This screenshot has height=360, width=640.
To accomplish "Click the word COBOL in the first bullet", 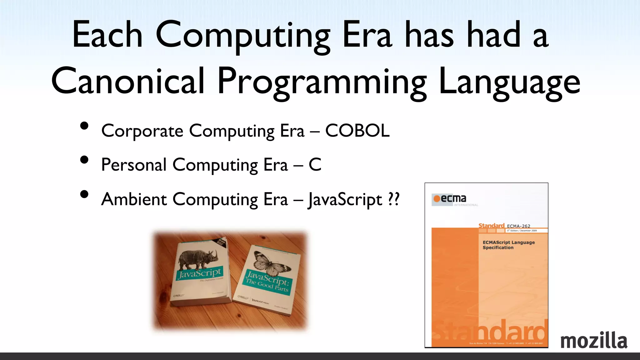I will pyautogui.click(x=357, y=131).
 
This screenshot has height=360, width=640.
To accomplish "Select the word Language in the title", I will pyautogui.click(x=509, y=82).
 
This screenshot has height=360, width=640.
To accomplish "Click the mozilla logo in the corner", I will pyautogui.click(x=594, y=341).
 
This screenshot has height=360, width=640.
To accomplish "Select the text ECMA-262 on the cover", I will pyautogui.click(x=518, y=226).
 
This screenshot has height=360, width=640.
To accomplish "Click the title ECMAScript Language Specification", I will pyautogui.click(x=508, y=245).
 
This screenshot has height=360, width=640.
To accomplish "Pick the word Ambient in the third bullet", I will pyautogui.click(x=134, y=199).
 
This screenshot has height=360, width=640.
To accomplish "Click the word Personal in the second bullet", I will pyautogui.click(x=134, y=165).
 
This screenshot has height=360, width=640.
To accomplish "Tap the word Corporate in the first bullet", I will pyautogui.click(x=142, y=131).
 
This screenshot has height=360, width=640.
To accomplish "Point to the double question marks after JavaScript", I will pyautogui.click(x=394, y=199).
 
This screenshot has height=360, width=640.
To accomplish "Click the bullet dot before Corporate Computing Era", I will pyautogui.click(x=84, y=126).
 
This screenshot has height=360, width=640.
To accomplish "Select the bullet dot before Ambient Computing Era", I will pyautogui.click(x=84, y=194).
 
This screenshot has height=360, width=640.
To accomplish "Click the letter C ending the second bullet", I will pyautogui.click(x=315, y=165).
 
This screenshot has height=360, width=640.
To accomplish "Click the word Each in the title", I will pyautogui.click(x=107, y=35).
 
